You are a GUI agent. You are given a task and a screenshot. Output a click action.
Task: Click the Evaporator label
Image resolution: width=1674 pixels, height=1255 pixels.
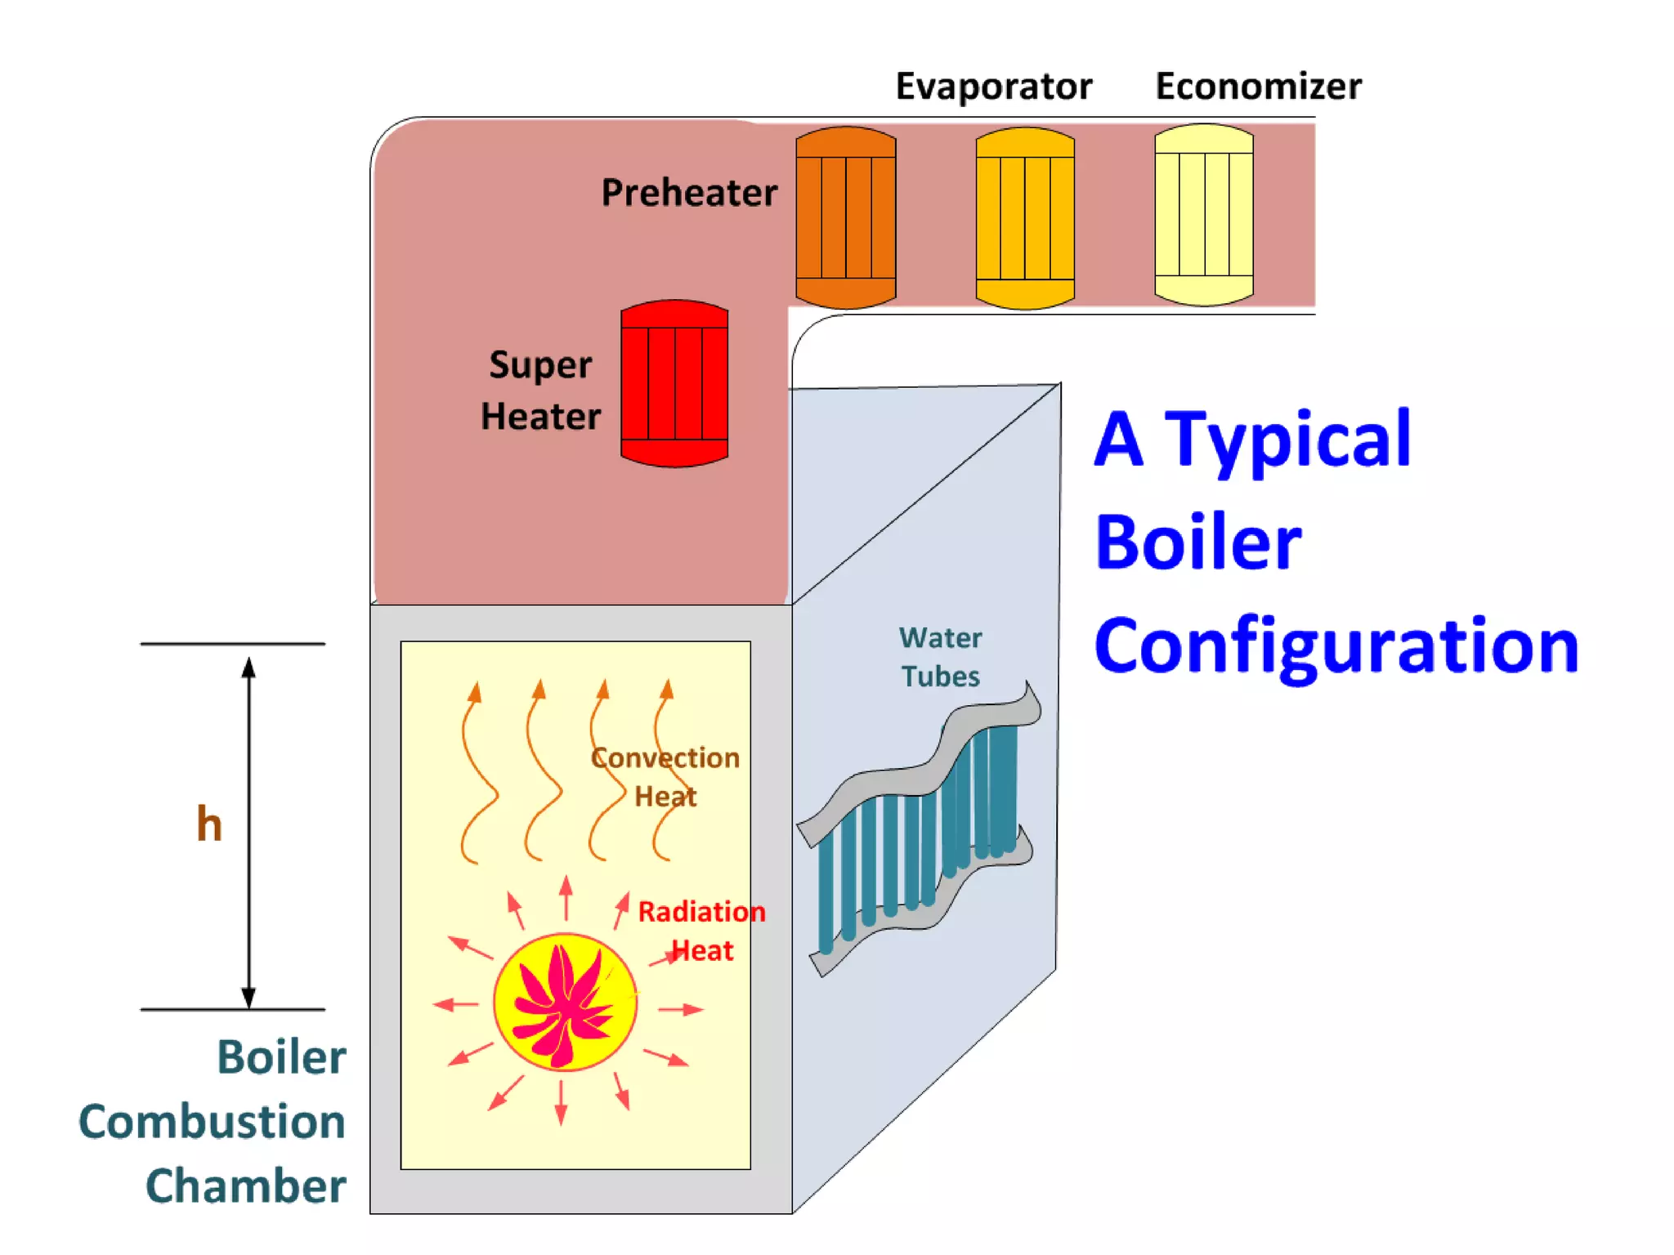993,86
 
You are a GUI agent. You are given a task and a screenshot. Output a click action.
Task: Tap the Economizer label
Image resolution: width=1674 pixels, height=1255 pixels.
1258,86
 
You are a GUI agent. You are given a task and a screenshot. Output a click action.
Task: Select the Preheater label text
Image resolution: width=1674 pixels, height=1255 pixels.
689,193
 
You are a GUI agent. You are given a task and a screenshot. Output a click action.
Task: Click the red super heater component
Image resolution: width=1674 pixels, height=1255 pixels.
674,383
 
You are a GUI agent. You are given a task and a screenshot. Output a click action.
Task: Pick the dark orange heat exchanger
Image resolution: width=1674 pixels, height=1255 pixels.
846,217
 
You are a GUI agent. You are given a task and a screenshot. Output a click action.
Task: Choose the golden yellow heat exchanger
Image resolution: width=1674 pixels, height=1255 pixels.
1025,218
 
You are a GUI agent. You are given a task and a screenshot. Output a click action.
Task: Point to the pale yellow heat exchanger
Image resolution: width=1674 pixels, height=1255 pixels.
1203,215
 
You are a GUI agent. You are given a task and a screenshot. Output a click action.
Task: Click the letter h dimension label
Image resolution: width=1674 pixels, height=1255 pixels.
209,824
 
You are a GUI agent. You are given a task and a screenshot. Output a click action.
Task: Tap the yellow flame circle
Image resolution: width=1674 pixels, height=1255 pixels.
565,1002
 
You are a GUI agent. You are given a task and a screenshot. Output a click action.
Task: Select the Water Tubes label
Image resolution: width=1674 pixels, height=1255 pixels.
940,657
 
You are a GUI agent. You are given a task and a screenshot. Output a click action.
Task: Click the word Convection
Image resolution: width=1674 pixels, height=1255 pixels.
665,758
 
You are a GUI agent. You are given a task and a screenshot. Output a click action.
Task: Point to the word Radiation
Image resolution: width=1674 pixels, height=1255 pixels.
701,912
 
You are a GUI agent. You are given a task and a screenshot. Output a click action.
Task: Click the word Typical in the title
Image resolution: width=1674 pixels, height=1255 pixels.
1287,441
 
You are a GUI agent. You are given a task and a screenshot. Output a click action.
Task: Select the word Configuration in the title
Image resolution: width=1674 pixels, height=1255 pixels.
1336,647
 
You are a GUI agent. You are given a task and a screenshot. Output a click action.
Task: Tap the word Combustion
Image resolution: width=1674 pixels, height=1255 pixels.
213,1122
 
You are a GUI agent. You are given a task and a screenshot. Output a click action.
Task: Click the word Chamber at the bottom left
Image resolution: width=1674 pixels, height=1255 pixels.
245,1186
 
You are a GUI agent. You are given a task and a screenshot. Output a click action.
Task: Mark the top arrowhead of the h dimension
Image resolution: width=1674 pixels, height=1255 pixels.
248,668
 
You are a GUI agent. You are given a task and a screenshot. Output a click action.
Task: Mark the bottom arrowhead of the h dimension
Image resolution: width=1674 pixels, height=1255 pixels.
248,997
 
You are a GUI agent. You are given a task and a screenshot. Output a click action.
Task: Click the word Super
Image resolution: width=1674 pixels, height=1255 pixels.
540,365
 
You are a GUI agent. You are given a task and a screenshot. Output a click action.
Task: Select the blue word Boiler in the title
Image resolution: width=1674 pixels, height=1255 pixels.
1197,543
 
